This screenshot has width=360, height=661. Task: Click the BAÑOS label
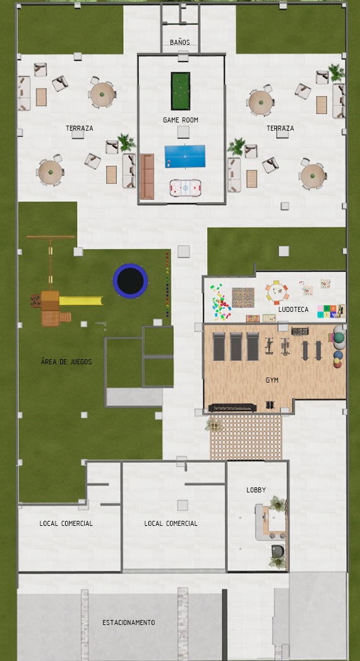pos(180,42)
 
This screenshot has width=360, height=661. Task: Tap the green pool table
pos(181,91)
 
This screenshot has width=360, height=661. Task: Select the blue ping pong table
pos(184,157)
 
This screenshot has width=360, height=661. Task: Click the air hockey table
pos(186,188)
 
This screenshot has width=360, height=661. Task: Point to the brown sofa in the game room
pos(147,176)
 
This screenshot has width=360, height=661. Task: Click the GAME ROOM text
pos(181,120)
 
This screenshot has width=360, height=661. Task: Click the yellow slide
pos(81,301)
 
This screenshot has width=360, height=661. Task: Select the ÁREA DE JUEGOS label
pos(66,362)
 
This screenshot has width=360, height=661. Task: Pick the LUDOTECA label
pos(294,309)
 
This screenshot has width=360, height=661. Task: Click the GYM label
pos(272,380)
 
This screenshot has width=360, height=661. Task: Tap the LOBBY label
pos(256,490)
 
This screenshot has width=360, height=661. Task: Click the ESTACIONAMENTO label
pos(129,622)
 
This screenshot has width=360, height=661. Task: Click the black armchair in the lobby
pos(277,551)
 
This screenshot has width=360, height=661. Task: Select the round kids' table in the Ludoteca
pos(277,291)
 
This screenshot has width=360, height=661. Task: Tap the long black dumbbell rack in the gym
pos(232,408)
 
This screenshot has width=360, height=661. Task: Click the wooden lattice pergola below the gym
pos(246,437)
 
